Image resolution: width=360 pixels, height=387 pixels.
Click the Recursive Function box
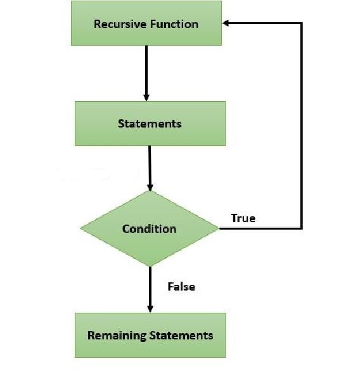point(146,23)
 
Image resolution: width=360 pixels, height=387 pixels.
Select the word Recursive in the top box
point(121,24)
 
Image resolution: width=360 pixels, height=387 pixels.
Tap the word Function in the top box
point(174,24)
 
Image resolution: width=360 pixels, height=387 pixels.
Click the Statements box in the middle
point(150,124)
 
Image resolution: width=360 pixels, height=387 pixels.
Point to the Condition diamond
point(150,228)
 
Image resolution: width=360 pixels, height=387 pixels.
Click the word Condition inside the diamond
point(149,229)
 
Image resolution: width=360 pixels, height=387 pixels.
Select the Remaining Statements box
point(150,335)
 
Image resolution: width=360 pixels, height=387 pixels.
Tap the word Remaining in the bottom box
point(117,336)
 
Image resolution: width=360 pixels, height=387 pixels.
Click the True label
point(243,218)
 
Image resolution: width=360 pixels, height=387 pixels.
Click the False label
point(181,287)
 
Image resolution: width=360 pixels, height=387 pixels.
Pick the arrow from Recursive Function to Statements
point(146,74)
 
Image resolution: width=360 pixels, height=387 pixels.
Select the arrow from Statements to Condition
point(150,168)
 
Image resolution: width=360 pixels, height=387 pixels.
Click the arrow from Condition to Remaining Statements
point(150,290)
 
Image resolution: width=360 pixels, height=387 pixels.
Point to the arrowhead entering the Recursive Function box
point(226,23)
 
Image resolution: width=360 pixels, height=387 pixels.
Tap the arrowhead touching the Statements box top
point(146,97)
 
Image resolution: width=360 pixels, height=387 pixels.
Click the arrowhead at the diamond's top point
point(150,187)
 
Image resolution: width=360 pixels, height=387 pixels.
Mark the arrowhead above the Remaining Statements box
point(150,309)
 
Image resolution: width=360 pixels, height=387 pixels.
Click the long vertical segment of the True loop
point(301,126)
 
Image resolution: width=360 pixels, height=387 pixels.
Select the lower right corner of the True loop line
point(301,228)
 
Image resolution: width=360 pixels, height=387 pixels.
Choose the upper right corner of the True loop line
point(301,23)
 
